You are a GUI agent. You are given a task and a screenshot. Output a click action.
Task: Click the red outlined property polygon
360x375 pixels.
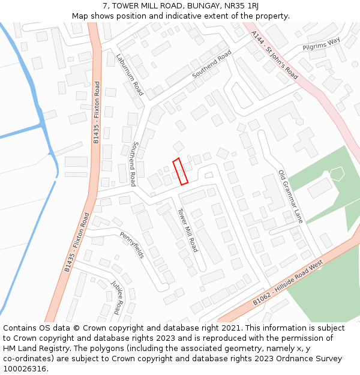tap(181, 171)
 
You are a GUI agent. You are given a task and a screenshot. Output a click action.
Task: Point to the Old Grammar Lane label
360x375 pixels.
tap(290, 197)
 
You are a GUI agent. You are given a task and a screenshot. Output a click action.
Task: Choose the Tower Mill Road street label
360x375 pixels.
tap(187, 230)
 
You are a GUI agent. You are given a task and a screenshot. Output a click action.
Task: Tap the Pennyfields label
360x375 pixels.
tap(131, 245)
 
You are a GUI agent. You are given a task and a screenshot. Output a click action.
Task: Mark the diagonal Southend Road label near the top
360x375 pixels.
tap(212, 65)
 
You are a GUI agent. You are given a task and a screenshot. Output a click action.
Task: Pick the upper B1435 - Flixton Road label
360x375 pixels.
tap(97, 115)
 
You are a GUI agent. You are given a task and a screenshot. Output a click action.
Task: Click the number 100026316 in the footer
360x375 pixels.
tap(25, 369)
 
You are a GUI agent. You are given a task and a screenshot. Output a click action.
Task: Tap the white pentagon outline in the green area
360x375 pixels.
tap(336, 173)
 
